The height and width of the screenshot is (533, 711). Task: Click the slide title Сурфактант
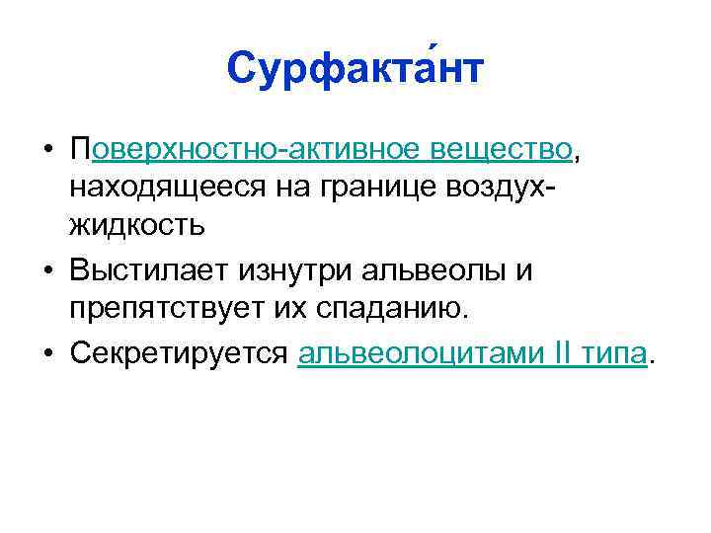pos(355,69)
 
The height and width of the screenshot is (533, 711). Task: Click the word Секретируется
pos(179,354)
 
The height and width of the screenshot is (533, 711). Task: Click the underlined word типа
pos(612,354)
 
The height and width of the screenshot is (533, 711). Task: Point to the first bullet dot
pos(47,150)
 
